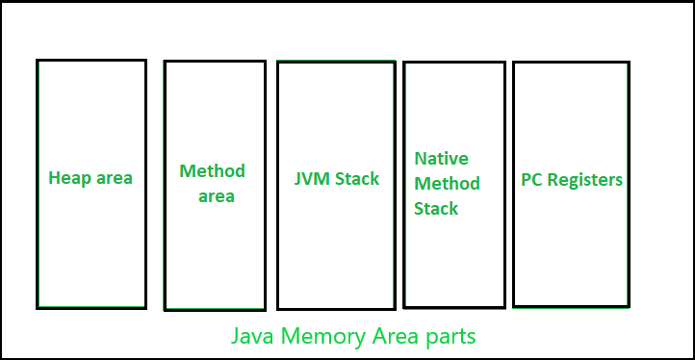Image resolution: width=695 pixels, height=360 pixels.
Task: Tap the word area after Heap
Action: [x=114, y=178]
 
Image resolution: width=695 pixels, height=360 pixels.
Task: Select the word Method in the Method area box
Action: [x=212, y=171]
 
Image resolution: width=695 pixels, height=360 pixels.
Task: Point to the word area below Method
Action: [x=217, y=196]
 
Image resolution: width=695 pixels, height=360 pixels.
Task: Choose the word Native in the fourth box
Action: [x=441, y=158]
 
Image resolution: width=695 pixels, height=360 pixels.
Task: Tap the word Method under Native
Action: [x=447, y=183]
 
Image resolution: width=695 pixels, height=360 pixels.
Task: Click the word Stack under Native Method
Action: [x=436, y=208]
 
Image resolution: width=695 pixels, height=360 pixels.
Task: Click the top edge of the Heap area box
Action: [x=91, y=60]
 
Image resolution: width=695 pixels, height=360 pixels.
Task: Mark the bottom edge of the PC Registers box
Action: [x=571, y=306]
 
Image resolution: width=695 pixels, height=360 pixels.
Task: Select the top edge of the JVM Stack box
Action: [x=335, y=62]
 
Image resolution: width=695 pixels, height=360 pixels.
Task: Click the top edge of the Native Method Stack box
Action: [x=453, y=63]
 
